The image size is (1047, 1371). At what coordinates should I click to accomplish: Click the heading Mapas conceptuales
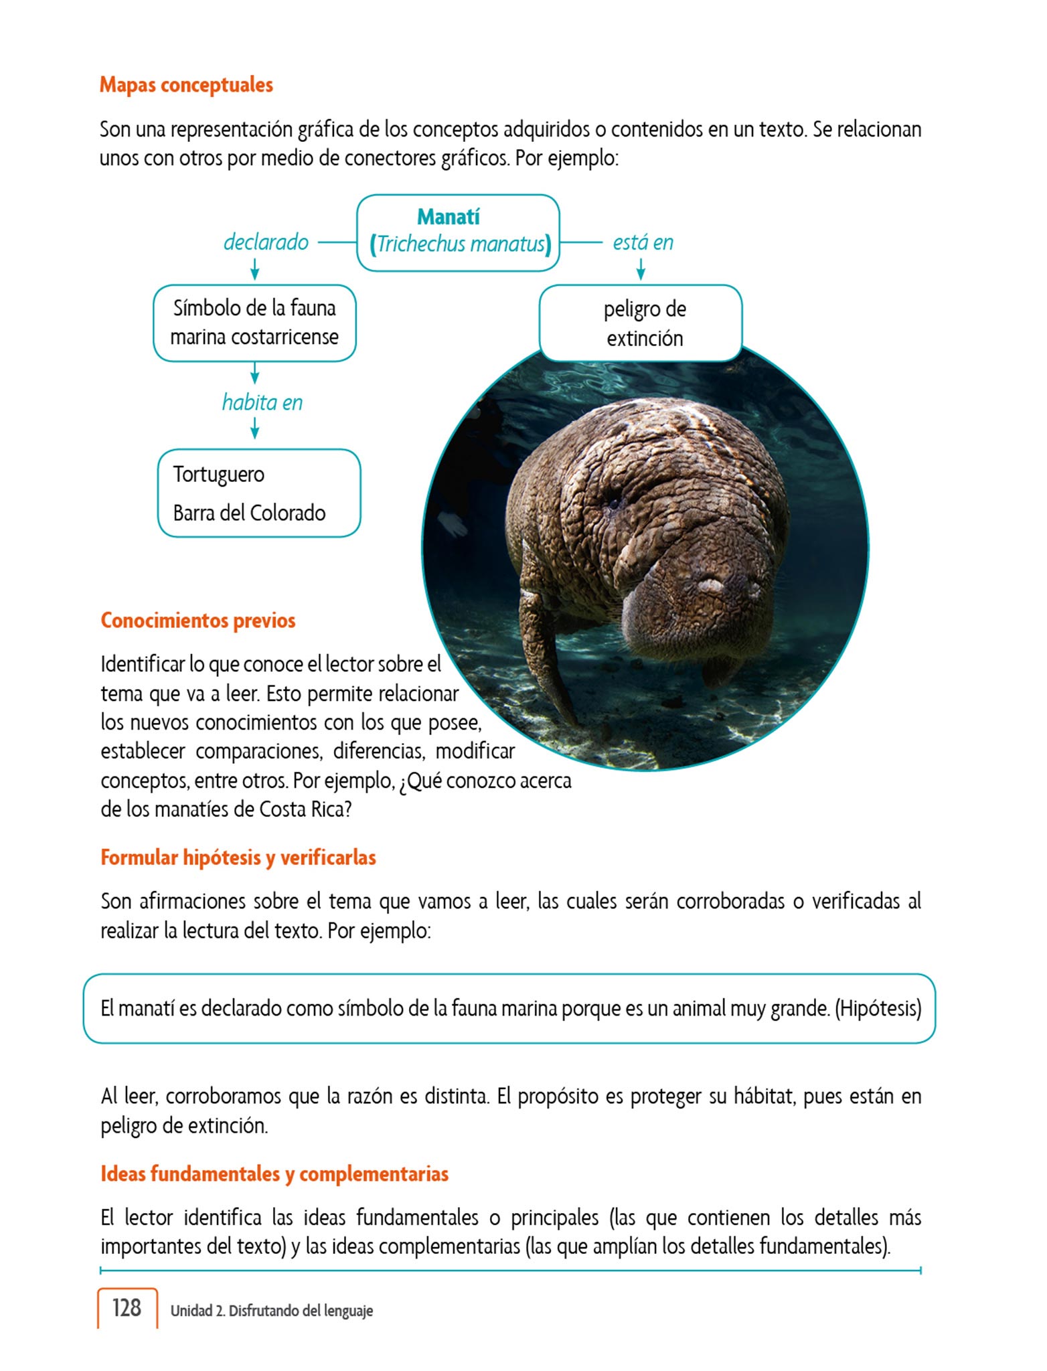coord(186,85)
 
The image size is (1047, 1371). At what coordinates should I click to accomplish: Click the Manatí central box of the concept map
coord(458,232)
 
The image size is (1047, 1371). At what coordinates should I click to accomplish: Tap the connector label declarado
coord(266,242)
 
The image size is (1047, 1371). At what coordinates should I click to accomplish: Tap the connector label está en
coord(643,242)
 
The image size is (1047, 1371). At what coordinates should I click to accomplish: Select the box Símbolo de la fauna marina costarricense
coord(254,323)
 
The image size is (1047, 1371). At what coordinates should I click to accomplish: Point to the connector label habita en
coord(262,402)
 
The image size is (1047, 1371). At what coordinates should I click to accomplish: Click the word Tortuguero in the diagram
coord(219,474)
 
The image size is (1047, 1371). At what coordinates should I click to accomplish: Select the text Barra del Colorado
coord(249,513)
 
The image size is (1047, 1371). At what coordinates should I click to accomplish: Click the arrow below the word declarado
coord(254,270)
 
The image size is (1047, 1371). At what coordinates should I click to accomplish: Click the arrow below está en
coord(641,270)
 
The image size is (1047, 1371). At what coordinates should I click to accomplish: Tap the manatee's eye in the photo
coord(613,503)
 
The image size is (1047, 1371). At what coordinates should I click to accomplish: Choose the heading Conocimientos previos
coord(198,621)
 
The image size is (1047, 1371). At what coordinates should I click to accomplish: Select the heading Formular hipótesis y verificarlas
coord(238,858)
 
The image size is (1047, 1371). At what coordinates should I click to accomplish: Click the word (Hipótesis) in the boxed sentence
coord(878,1008)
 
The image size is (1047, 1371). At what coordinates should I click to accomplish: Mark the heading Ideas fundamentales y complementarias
coord(274,1174)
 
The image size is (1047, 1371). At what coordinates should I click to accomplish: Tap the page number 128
coord(127,1308)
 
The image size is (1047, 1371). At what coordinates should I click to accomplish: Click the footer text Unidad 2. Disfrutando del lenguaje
coord(271,1311)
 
